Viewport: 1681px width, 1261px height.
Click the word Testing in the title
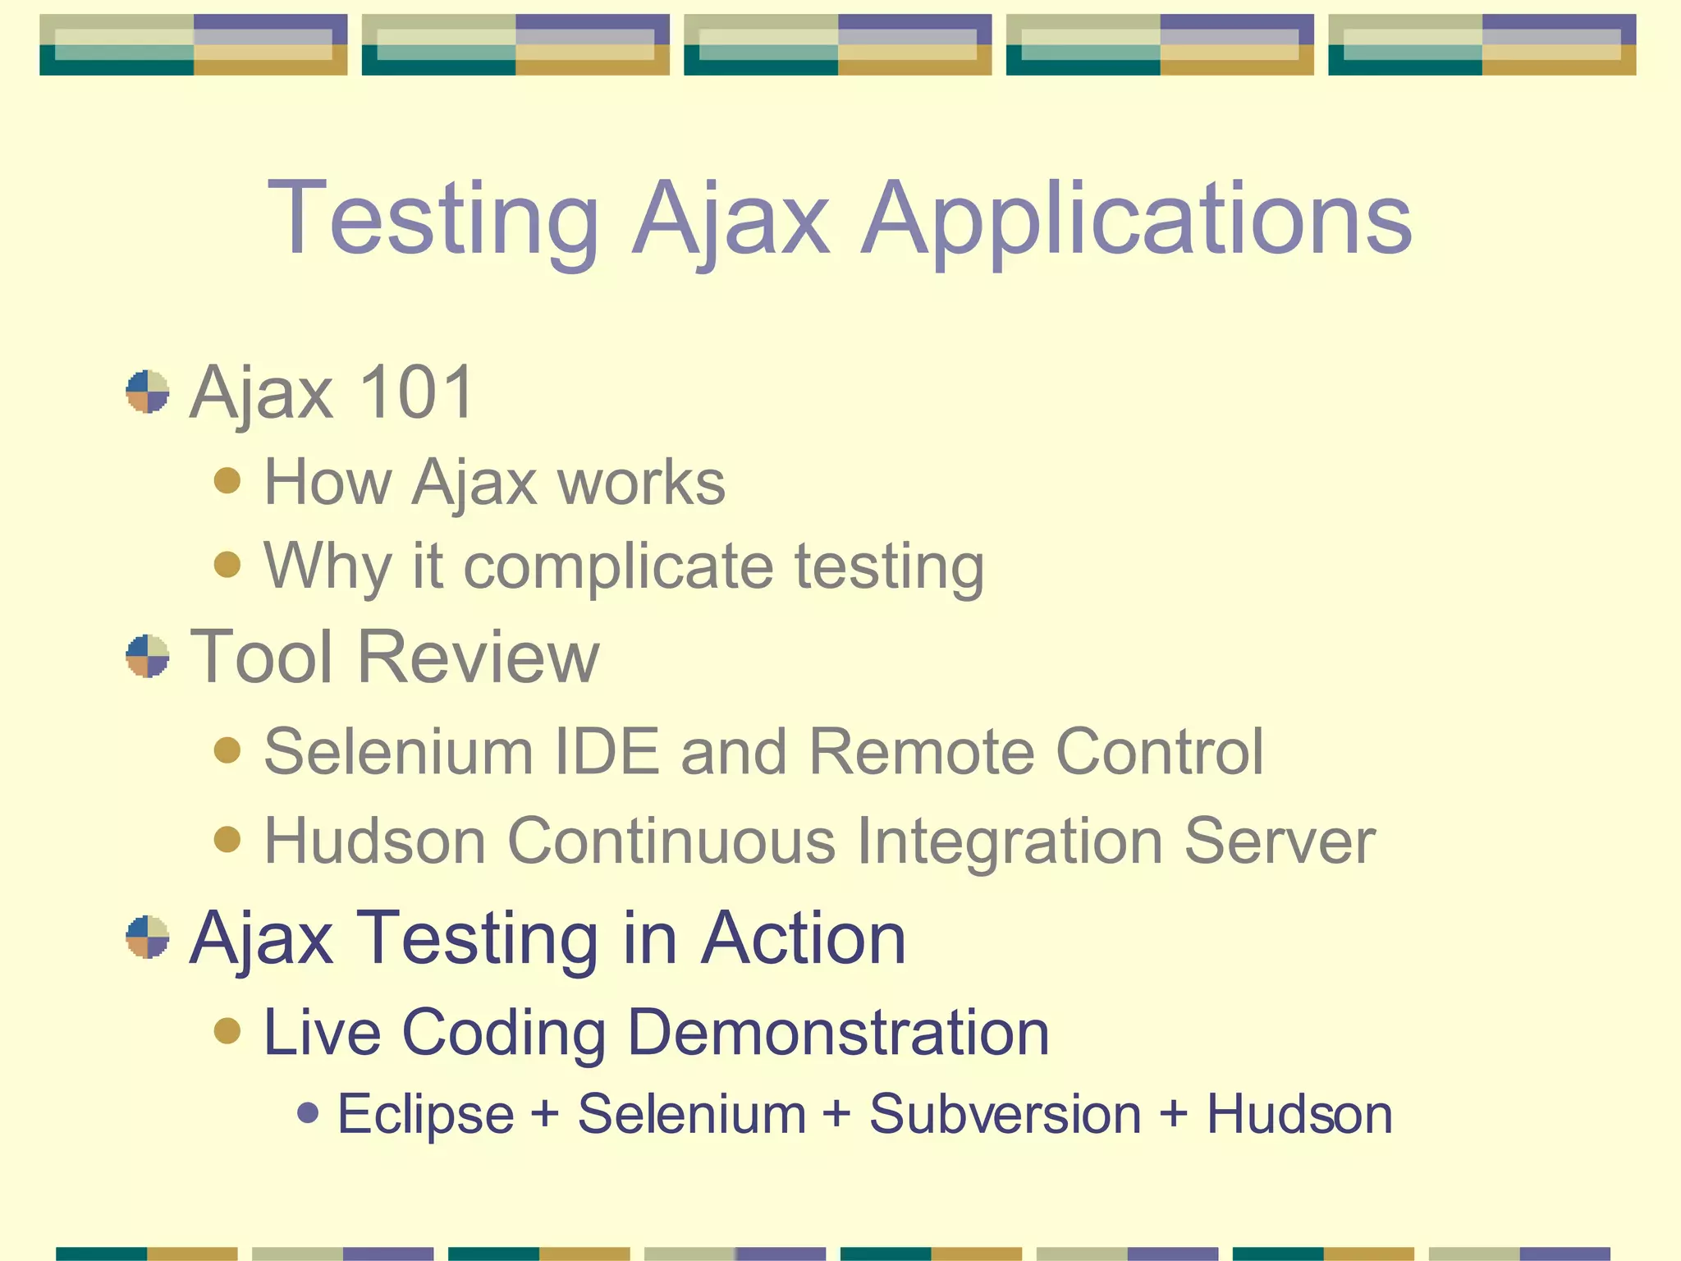point(433,220)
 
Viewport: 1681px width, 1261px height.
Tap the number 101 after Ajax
point(416,392)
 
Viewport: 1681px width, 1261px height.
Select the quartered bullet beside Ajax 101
point(148,392)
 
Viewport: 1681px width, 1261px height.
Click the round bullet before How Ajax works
point(227,480)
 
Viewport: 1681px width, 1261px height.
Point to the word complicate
point(618,566)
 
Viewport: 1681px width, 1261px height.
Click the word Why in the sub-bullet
point(327,566)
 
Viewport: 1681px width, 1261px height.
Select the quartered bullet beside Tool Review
point(148,656)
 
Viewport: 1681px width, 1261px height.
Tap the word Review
point(479,657)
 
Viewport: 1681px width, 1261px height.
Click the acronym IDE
point(607,751)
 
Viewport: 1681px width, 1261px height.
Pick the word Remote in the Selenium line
point(922,751)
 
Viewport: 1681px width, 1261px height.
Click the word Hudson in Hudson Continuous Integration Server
point(375,841)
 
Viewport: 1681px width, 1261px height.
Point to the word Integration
point(1010,841)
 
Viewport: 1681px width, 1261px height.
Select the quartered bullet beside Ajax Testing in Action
point(148,937)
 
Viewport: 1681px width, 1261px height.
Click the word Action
point(804,938)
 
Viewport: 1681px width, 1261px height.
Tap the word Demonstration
point(838,1032)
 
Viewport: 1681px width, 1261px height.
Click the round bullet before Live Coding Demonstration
point(227,1030)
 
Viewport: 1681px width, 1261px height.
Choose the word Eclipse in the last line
point(426,1115)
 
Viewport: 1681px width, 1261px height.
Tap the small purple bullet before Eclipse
point(308,1113)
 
